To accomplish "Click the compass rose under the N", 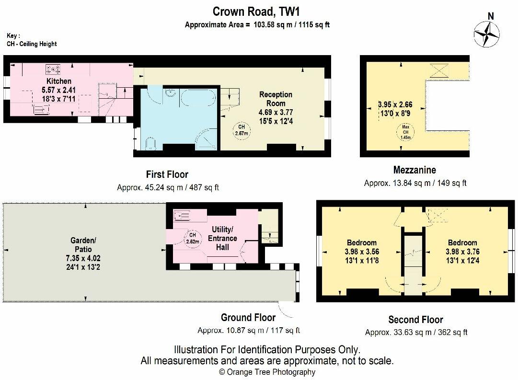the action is click(x=487, y=34).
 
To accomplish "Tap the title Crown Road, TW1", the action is click(x=256, y=12).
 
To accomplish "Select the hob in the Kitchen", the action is click(x=53, y=69).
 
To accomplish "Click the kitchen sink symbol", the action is click(x=41, y=109).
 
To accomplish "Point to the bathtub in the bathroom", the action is click(x=198, y=97).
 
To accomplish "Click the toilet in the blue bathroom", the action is click(x=150, y=143).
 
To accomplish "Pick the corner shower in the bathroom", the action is click(x=207, y=139).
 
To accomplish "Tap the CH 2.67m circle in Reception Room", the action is click(x=242, y=130).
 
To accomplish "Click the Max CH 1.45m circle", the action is click(x=405, y=132).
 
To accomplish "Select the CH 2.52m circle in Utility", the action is click(x=193, y=238).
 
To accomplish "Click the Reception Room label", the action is click(x=276, y=99).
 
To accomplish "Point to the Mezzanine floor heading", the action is click(x=414, y=170).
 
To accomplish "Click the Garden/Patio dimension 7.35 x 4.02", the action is click(x=83, y=258).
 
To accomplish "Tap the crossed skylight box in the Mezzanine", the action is click(x=439, y=71).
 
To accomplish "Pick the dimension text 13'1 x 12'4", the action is click(x=462, y=261).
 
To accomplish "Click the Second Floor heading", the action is click(x=415, y=320).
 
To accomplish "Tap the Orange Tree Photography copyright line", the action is click(x=267, y=372).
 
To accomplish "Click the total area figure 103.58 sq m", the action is click(x=273, y=24).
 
